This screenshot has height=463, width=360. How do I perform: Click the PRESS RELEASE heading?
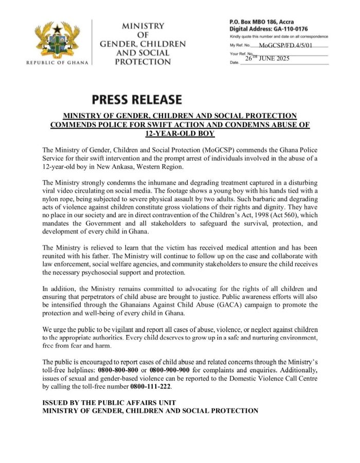[x=137, y=99]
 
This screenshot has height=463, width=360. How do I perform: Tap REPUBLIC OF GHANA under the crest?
[x=57, y=63]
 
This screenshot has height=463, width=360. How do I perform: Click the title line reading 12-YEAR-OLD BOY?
[x=180, y=133]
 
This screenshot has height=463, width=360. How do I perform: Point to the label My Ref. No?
[x=241, y=45]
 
